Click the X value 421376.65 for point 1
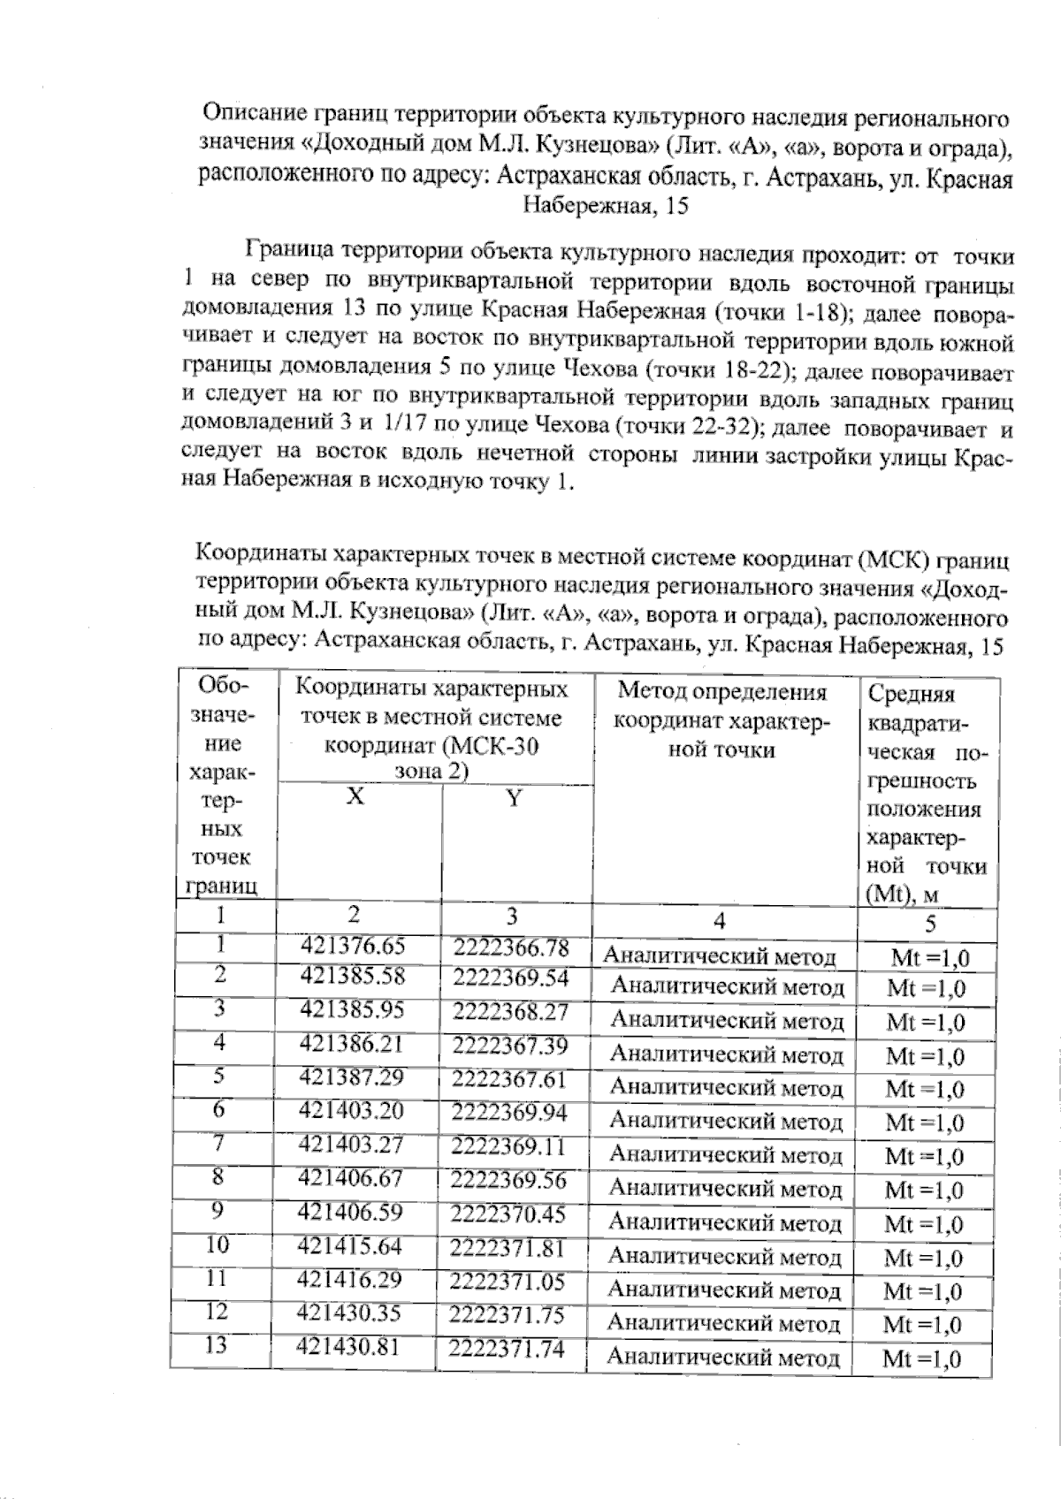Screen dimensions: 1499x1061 [353, 946]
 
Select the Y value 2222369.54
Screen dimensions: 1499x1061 [509, 978]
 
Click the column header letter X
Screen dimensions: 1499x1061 [355, 796]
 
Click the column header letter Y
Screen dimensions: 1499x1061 [514, 800]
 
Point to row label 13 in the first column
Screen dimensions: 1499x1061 [216, 1345]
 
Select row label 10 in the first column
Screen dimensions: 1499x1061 [218, 1244]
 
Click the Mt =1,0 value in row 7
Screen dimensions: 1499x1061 [924, 1156]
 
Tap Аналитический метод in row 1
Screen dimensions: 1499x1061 [720, 956]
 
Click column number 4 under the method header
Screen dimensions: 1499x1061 [720, 921]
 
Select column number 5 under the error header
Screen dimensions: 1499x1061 [929, 924]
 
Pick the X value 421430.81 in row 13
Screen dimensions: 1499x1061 [350, 1347]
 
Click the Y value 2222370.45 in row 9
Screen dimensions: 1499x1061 [508, 1214]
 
